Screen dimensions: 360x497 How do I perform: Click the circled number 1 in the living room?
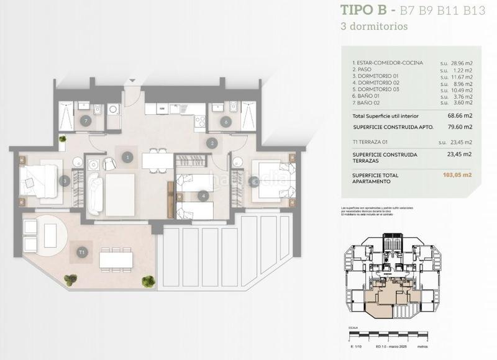(x=128, y=158)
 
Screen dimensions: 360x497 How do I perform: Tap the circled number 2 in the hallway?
(x=212, y=143)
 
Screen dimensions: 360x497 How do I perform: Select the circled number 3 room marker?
(x=64, y=181)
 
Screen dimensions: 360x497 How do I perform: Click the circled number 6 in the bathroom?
(x=226, y=122)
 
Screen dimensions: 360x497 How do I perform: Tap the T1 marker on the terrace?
(x=81, y=252)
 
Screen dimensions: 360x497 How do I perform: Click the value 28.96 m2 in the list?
(x=460, y=63)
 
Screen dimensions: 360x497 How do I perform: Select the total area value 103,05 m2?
(x=458, y=175)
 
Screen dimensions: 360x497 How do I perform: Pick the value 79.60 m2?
(x=460, y=127)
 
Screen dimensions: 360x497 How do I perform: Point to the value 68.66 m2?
(x=460, y=116)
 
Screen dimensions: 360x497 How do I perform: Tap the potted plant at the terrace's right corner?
(x=148, y=281)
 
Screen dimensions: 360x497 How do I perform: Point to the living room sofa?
(x=95, y=194)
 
